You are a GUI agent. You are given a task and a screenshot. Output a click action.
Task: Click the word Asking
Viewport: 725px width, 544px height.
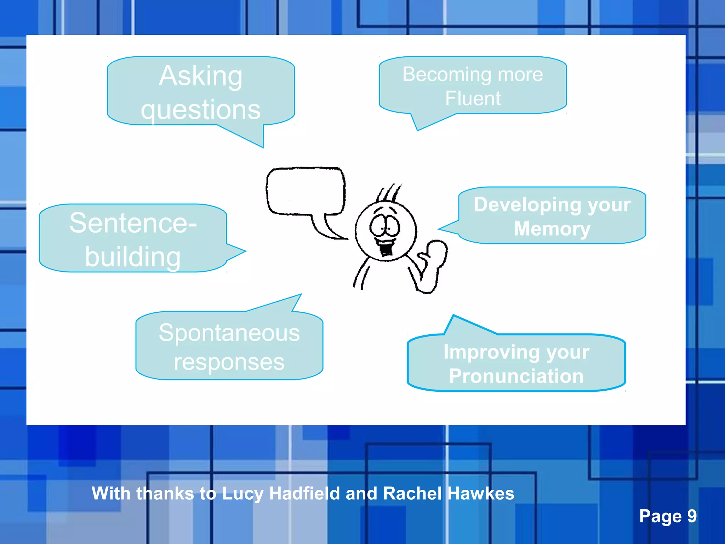point(201,76)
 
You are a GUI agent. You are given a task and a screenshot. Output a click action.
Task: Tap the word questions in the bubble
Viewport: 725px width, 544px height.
point(201,110)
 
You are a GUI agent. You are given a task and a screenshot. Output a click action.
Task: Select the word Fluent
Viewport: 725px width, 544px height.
point(473,98)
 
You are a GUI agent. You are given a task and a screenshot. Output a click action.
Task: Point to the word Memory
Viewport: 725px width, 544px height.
point(552,228)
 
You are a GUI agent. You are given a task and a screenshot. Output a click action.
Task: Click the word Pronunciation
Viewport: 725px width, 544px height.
point(516,376)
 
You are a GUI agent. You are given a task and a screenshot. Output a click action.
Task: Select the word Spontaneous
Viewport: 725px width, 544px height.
point(229,333)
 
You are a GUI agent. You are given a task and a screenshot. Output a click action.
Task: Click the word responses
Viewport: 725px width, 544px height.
point(229,362)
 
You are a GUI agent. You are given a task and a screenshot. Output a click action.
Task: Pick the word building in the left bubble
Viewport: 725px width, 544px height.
point(133,257)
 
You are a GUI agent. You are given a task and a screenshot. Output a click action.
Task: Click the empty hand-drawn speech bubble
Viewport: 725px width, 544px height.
point(305,191)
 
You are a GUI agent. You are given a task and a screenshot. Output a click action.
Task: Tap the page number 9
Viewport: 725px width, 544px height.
point(692,516)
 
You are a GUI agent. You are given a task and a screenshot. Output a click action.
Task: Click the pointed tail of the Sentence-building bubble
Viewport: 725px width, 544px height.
point(239,252)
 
